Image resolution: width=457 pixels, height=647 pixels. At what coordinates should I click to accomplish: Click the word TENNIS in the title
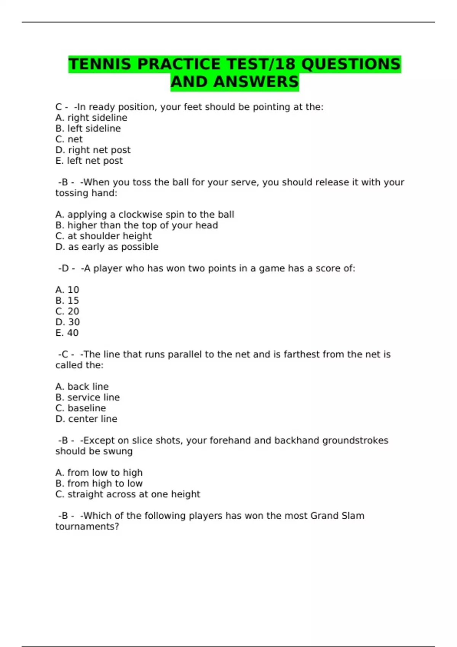[100, 64]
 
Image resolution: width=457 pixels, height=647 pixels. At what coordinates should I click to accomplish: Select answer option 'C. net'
[69, 139]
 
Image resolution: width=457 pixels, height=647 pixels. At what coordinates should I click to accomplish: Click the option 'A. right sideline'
[91, 118]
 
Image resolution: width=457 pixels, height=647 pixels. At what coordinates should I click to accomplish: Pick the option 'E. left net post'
[89, 161]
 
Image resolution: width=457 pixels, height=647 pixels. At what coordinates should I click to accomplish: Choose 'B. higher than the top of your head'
[136, 225]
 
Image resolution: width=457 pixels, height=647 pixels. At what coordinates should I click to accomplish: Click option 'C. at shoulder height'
[103, 236]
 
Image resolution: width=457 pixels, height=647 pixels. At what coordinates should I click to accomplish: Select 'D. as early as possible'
[107, 247]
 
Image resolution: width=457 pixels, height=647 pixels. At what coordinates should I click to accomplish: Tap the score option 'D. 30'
[67, 322]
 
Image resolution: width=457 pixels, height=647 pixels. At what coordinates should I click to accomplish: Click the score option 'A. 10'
[67, 290]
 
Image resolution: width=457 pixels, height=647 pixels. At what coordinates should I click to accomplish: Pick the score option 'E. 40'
[67, 333]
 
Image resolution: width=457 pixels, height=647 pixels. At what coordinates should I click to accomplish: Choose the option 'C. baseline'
[80, 408]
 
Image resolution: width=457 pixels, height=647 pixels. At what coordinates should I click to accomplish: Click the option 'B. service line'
[87, 397]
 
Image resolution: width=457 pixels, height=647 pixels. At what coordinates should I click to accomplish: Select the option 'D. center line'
[86, 419]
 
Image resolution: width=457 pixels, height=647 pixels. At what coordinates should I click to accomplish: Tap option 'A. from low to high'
[99, 473]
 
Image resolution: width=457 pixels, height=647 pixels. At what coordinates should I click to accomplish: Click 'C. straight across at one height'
[127, 494]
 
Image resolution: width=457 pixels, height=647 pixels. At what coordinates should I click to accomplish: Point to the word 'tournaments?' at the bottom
[87, 527]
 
